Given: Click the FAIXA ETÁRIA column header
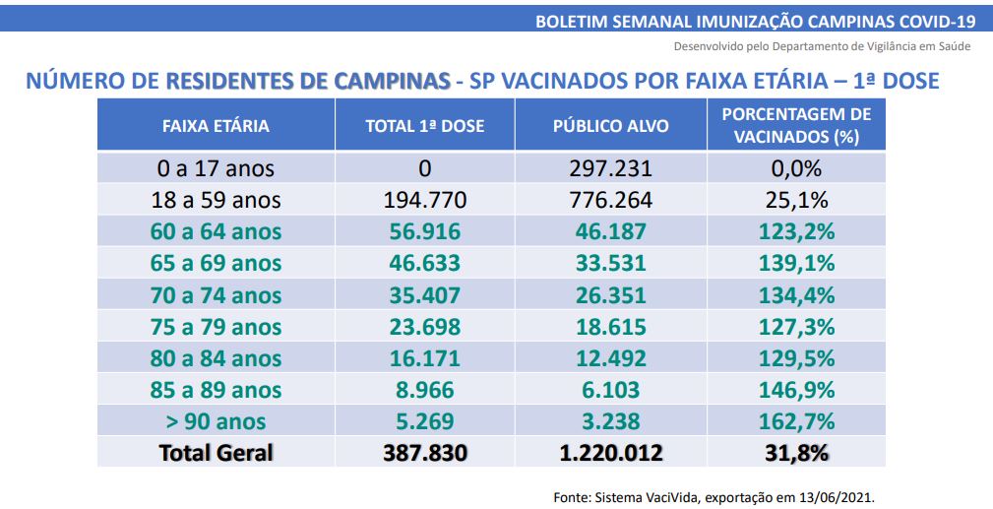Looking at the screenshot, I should [216, 126].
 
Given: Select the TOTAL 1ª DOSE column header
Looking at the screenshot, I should [425, 126].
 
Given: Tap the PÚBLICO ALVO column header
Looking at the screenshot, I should [610, 126].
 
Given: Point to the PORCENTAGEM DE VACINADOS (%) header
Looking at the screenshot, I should [796, 126].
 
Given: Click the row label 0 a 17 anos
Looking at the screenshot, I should [216, 168].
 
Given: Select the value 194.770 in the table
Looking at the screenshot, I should [425, 201].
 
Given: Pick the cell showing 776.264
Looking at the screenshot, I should [610, 201].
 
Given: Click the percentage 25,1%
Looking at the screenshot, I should [796, 201].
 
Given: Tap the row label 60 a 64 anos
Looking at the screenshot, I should [216, 232].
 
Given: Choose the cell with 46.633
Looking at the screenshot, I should [425, 264].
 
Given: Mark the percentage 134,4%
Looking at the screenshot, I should [796, 295].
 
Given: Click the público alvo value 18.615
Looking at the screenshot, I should [610, 327].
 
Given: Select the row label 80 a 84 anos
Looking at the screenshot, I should [216, 358].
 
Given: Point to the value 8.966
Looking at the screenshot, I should [425, 390].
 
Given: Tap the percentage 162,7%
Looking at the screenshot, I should [796, 421].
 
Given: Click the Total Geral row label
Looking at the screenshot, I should [216, 453].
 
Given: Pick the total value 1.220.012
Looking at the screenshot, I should [610, 453].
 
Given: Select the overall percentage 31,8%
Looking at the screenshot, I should [796, 453].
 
